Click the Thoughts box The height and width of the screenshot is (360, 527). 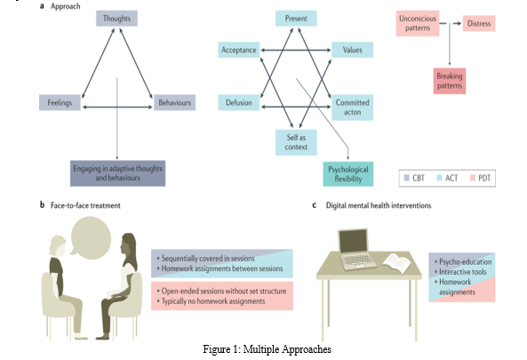[x=116, y=19]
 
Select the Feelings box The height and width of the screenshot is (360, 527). [x=60, y=102]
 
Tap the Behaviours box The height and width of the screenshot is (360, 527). [x=174, y=102]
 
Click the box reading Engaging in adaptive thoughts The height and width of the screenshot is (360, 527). [x=117, y=173]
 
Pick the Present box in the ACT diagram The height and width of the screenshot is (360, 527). [x=296, y=19]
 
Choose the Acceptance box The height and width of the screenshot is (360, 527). [x=239, y=50]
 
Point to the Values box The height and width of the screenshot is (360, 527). [x=352, y=50]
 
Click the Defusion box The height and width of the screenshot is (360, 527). [x=239, y=102]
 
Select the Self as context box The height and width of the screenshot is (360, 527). [x=296, y=142]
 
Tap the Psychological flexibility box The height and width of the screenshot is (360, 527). [x=348, y=174]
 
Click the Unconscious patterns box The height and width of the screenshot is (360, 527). [x=418, y=23]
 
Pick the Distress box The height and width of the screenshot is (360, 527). [x=479, y=23]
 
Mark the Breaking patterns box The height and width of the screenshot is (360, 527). [x=450, y=81]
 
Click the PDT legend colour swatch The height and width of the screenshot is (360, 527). [x=473, y=178]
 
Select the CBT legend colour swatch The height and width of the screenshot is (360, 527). [x=407, y=178]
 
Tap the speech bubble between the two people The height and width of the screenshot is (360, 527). [x=91, y=238]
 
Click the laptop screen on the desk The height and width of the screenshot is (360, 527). [x=353, y=241]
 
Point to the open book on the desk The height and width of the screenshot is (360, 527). [x=397, y=262]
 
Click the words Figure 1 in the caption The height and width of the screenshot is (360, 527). [x=220, y=349]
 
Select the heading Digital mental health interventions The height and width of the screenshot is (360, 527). [x=379, y=205]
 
